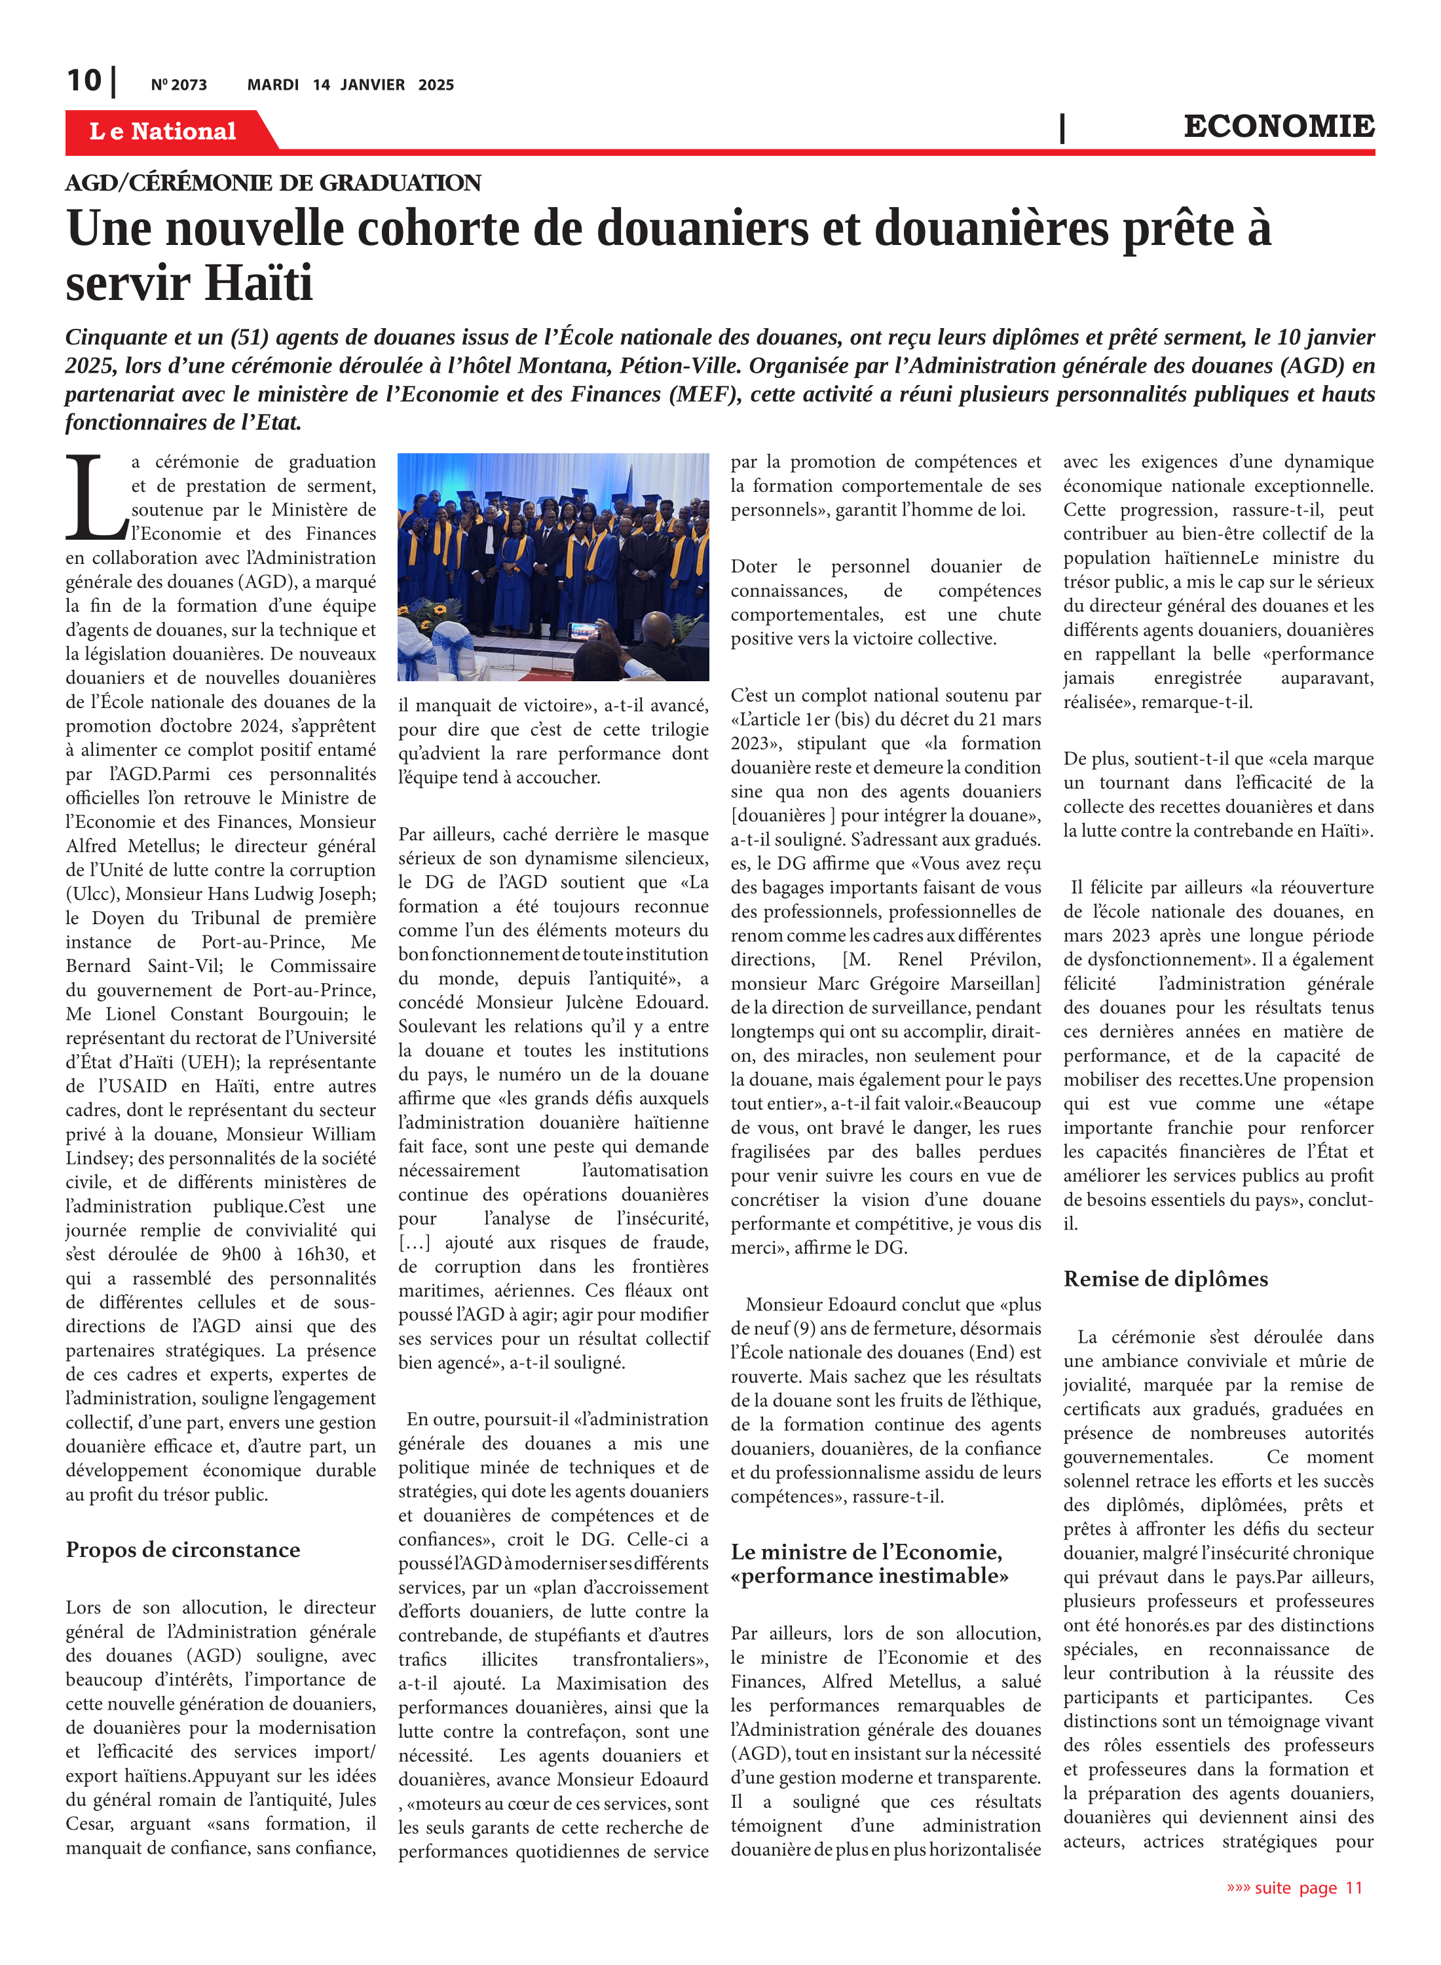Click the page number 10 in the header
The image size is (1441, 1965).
pyautogui.click(x=84, y=81)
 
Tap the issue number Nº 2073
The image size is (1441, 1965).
pyautogui.click(x=179, y=84)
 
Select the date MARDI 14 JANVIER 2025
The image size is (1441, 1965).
pyautogui.click(x=350, y=84)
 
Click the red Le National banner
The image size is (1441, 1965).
pyautogui.click(x=163, y=132)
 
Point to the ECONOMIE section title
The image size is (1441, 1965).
pyautogui.click(x=1278, y=126)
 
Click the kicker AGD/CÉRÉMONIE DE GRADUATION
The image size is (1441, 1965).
pyautogui.click(x=273, y=183)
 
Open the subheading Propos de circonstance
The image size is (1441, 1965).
pyautogui.click(x=182, y=1550)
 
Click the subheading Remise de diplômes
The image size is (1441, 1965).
pyautogui.click(x=1165, y=1279)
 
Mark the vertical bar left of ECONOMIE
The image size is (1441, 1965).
pyautogui.click(x=1062, y=128)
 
